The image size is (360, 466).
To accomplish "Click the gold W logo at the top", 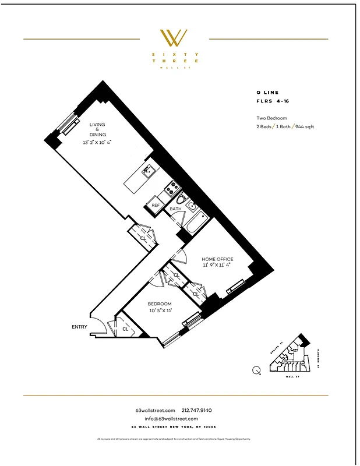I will point(174,38).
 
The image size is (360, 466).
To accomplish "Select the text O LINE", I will point(267,93).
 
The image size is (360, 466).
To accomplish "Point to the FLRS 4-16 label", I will point(272,101).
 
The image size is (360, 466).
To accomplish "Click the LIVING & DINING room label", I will point(97,129).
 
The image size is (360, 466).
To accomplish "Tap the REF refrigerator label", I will point(156,205).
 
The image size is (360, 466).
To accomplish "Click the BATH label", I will point(175,209).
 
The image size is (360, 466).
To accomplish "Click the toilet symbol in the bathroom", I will point(180,198).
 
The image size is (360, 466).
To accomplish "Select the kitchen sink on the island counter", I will point(148,170).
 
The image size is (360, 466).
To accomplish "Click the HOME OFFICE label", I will point(217,259).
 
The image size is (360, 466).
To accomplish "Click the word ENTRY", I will point(79,327).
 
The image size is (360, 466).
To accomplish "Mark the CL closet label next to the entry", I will point(125,329).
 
